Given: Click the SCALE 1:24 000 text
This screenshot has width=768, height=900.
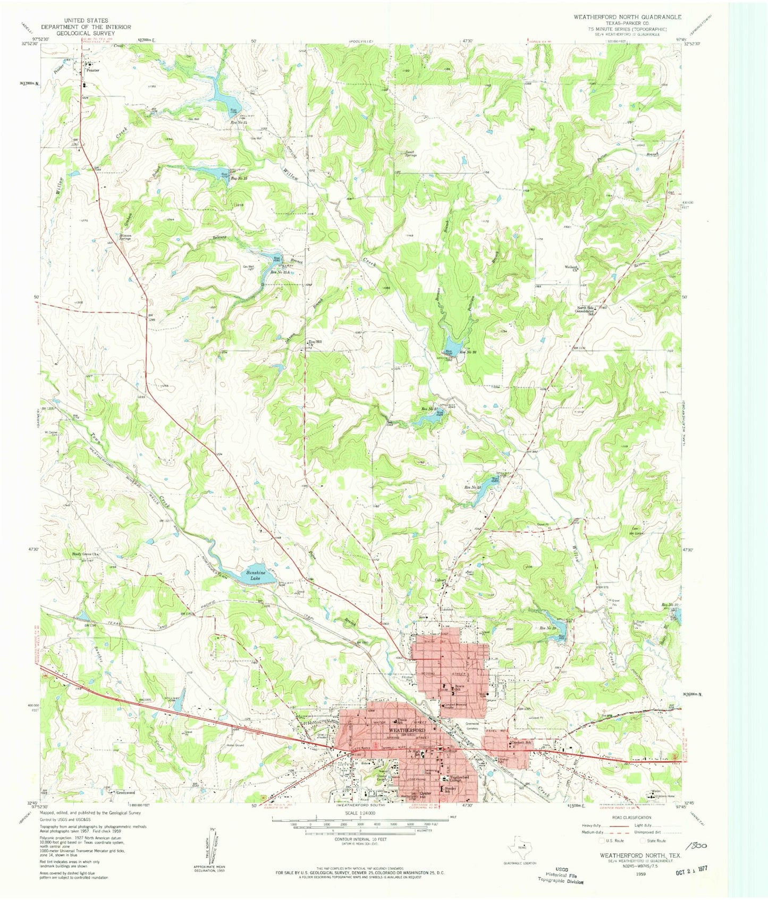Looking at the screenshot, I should [360, 813].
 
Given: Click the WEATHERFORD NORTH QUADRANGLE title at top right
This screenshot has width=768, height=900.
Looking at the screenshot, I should [627, 17].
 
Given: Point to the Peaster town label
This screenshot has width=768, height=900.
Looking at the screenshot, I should [94, 70].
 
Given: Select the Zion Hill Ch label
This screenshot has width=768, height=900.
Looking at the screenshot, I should [315, 343].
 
